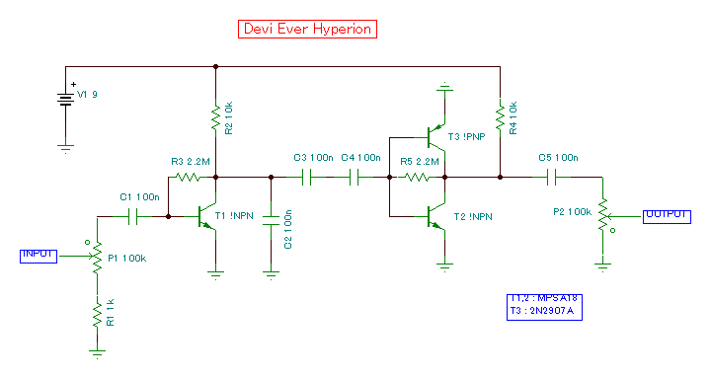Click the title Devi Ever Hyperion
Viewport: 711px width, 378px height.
[307, 29]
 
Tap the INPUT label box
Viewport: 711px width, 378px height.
[39, 255]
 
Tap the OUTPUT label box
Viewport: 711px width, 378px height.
[668, 215]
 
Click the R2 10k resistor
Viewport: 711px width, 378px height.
[215, 119]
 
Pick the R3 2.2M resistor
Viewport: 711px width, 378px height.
[187, 178]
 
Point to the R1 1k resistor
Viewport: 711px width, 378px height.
[97, 315]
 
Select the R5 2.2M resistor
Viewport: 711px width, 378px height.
[417, 178]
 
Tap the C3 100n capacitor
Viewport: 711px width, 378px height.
[306, 178]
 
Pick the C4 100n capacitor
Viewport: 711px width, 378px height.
[355, 178]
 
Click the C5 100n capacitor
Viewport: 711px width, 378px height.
[552, 178]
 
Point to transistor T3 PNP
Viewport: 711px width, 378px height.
[435, 135]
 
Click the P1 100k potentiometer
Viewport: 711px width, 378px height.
[97, 259]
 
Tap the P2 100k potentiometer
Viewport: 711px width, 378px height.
[600, 218]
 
